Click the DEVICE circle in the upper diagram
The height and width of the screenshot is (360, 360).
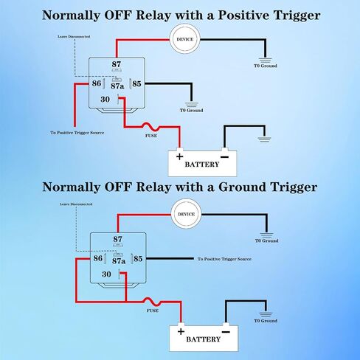(184, 39)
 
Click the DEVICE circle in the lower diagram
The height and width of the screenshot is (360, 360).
(186, 214)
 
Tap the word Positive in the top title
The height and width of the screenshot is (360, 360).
(243, 15)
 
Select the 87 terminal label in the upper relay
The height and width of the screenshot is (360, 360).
(117, 64)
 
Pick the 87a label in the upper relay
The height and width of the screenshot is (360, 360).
(117, 86)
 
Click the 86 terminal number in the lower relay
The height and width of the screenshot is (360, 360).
(98, 258)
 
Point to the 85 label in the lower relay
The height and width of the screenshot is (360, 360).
(138, 259)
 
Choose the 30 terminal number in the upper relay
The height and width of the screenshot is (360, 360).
(105, 100)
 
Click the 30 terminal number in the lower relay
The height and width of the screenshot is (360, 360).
(106, 274)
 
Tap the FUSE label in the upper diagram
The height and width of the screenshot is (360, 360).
(151, 136)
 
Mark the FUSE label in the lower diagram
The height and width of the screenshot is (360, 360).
(153, 311)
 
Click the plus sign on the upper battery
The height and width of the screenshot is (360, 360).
(180, 156)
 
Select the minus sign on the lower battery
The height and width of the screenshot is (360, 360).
(226, 332)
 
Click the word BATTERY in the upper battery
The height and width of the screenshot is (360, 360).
(202, 165)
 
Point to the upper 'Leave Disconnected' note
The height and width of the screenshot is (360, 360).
(74, 37)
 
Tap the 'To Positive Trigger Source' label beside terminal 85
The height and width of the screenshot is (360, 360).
(224, 259)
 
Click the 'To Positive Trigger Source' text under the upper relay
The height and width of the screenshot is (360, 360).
(77, 133)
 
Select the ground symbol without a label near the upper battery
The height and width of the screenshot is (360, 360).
(264, 139)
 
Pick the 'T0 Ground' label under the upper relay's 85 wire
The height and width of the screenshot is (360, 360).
(191, 111)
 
